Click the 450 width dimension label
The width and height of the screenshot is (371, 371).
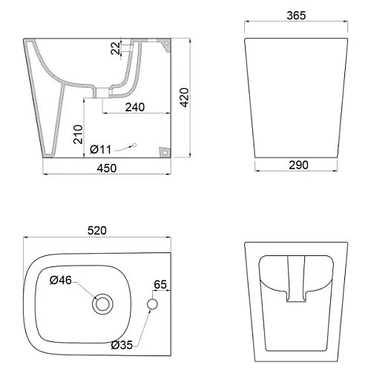point(108,168)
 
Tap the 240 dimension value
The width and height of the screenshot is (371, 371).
point(134,107)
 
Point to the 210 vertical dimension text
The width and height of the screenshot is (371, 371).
point(76,135)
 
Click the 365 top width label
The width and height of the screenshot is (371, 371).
point(296,16)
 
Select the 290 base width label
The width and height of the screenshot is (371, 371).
point(298,165)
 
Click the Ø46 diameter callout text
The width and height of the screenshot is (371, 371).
point(61,280)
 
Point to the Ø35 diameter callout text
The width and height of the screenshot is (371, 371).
point(122,345)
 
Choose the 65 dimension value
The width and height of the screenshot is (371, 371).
point(160,284)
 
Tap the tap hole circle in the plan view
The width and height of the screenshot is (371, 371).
point(152,304)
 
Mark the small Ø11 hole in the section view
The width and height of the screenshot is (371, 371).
point(135,144)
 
